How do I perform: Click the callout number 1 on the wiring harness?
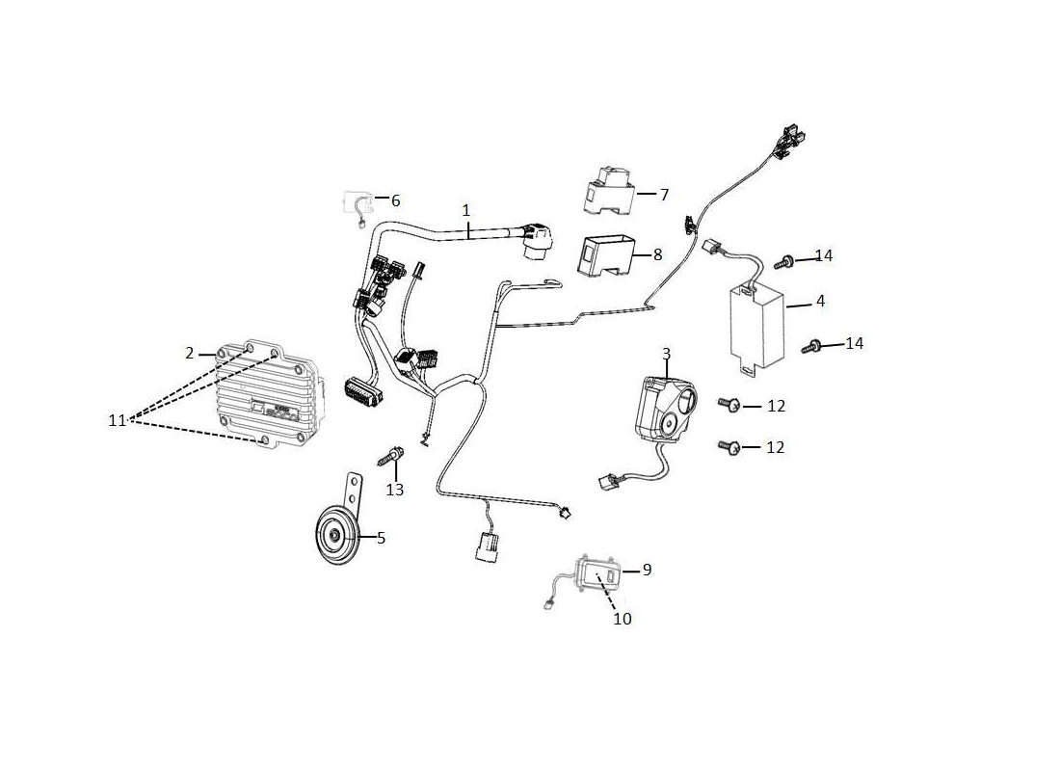[x=465, y=211]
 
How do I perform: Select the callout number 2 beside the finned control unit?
[x=190, y=353]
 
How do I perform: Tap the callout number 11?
[x=117, y=420]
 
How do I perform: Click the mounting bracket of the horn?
[x=354, y=493]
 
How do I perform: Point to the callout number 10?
[x=622, y=619]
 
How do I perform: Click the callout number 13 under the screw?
[x=395, y=490]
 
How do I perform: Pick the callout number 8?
[x=658, y=255]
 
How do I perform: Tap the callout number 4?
[x=821, y=301]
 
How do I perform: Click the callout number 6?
[x=395, y=200]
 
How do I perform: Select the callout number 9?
[x=647, y=571]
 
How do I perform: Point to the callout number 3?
[x=667, y=354]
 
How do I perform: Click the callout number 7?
[x=665, y=195]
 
